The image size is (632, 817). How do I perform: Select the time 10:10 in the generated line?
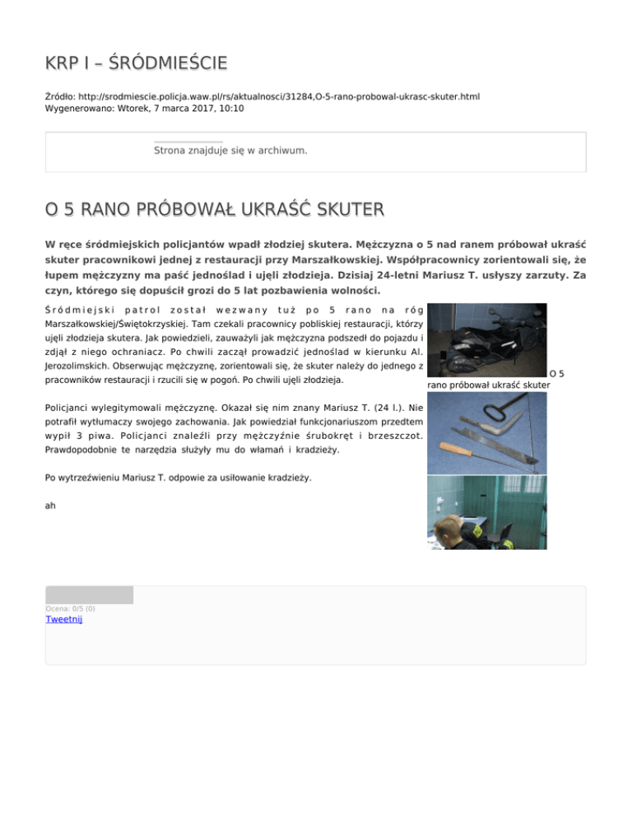coord(230,108)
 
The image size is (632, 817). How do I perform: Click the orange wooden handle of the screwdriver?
coord(458,450)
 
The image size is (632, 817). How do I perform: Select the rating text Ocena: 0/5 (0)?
coord(70,608)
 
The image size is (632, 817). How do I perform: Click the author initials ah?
coord(50,505)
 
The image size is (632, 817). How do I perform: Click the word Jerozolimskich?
coord(74,366)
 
